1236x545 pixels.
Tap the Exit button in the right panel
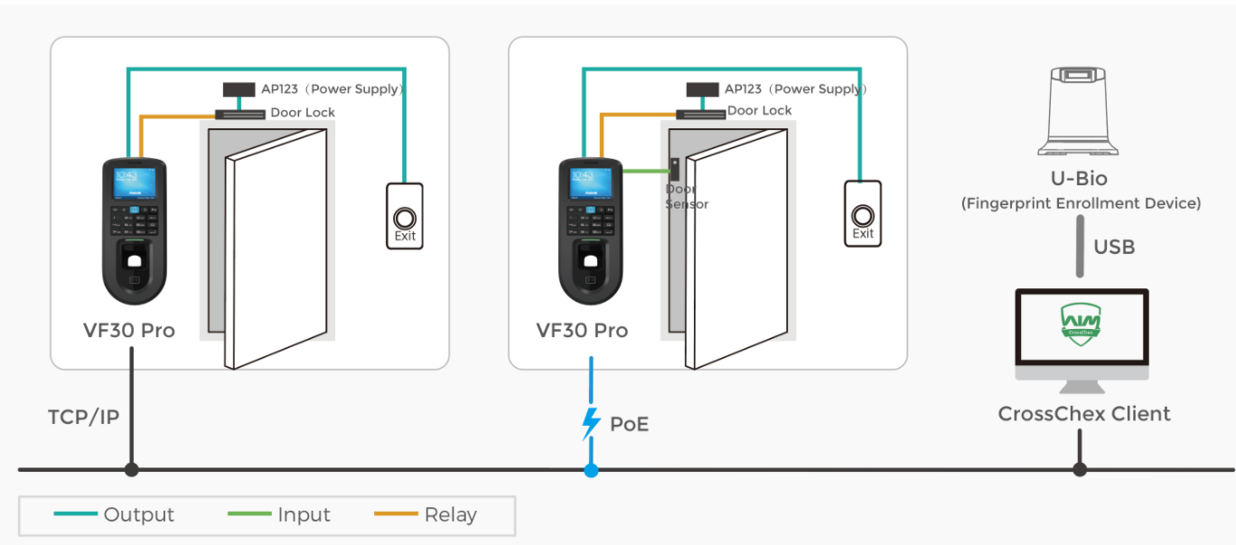tap(863, 214)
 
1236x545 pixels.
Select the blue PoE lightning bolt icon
tap(591, 422)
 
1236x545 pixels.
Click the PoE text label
tap(629, 423)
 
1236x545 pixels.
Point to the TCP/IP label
tap(83, 417)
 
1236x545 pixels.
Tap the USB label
tap(1113, 247)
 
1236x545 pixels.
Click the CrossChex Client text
tap(1083, 414)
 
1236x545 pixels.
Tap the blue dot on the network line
tap(591, 470)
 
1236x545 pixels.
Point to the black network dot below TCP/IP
tap(132, 470)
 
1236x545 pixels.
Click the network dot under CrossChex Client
tap(1080, 470)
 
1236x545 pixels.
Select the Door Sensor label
tap(687, 197)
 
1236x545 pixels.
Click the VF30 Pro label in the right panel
tap(582, 330)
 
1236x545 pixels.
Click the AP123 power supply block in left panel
tap(239, 89)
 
